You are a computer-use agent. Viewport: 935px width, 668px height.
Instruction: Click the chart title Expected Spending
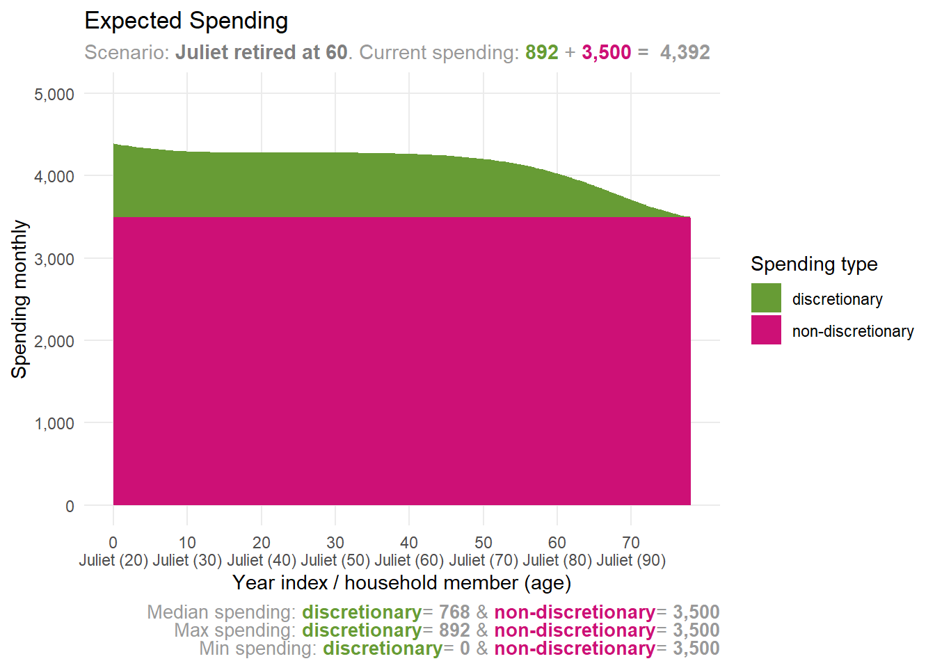pos(186,21)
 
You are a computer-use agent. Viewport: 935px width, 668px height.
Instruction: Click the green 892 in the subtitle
pos(541,52)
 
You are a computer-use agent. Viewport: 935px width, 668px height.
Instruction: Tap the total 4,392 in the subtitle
pos(685,52)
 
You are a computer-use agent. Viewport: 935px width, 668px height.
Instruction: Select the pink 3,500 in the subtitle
pos(606,52)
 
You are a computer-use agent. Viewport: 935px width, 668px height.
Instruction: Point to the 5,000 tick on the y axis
pos(54,94)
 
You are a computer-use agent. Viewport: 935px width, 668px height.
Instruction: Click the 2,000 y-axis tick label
pos(54,341)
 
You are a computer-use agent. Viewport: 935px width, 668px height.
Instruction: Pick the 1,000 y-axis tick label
pos(54,423)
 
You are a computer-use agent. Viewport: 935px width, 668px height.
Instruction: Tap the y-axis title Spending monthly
pos(19,299)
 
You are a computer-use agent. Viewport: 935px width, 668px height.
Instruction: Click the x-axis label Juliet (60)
pos(409,560)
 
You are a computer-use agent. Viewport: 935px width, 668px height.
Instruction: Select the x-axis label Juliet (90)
pos(631,560)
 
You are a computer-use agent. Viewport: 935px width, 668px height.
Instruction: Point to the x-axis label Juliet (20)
pos(113,560)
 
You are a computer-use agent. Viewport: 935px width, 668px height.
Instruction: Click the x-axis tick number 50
pos(483,543)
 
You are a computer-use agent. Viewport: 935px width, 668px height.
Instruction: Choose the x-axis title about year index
pos(401,582)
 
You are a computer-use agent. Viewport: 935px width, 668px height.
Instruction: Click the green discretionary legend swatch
pos(766,299)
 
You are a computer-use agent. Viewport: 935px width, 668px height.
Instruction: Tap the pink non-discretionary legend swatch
pos(766,331)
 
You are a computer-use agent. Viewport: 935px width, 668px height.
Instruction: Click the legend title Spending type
pos(813,264)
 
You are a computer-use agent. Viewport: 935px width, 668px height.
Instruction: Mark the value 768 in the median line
pos(454,612)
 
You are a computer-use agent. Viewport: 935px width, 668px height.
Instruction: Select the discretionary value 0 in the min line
pos(465,649)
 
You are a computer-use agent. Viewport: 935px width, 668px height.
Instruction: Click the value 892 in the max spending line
pos(454,630)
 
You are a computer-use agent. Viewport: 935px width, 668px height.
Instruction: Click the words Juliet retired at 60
pos(261,52)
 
